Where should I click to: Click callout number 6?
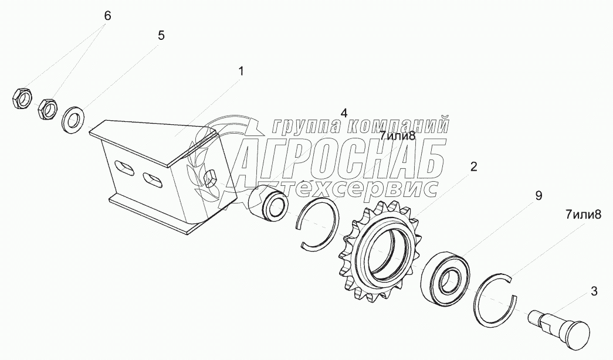[107, 16]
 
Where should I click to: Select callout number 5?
[161, 36]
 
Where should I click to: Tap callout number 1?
[241, 71]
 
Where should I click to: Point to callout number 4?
[344, 113]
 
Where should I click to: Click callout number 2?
[473, 167]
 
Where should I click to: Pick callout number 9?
[539, 196]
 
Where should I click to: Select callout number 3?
[594, 291]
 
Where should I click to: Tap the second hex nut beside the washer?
[48, 108]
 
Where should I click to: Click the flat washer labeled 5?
[73, 120]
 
